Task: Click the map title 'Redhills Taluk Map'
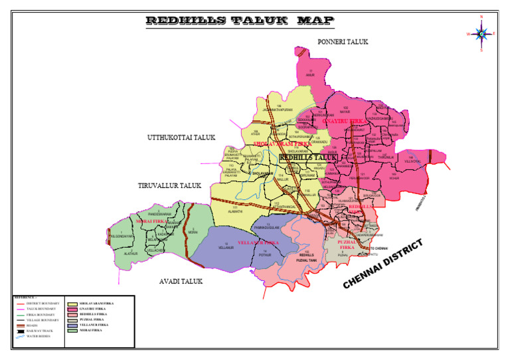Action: (240, 21)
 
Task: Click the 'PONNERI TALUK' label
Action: (343, 42)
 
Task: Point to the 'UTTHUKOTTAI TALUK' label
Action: (181, 137)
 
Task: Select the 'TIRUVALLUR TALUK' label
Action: (169, 185)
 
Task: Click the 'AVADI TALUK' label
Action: (181, 282)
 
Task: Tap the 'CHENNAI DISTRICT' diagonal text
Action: (383, 264)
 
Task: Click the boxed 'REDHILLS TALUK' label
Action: (308, 158)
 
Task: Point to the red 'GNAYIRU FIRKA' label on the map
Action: (343, 122)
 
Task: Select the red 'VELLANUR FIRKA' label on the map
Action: (259, 243)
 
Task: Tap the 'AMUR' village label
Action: (309, 74)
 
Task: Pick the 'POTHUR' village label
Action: (265, 254)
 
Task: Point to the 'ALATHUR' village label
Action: (131, 253)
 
